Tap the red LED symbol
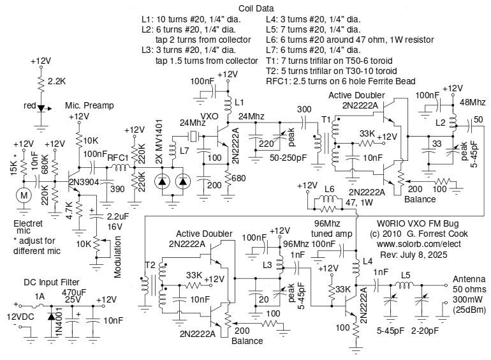click(41, 108)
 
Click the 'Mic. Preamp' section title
click(87, 105)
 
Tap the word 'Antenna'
click(469, 279)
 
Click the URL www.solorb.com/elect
click(412, 244)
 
